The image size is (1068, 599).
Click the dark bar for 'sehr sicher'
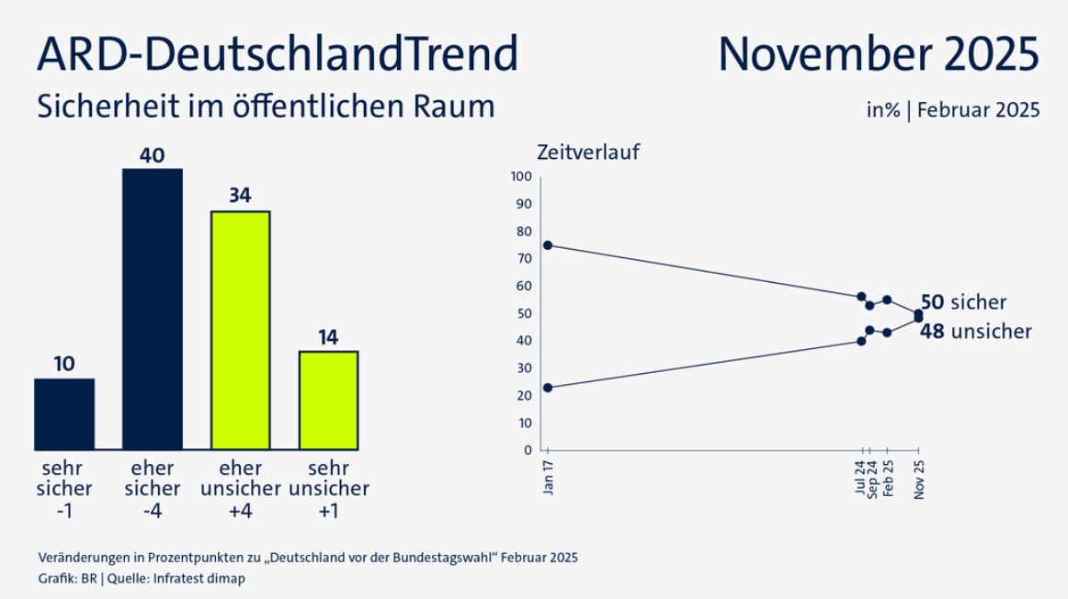(x=63, y=413)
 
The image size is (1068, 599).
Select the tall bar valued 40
(x=152, y=309)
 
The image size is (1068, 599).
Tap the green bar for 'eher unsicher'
(x=240, y=330)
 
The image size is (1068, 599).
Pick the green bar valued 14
(x=328, y=400)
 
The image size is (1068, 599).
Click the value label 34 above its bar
(x=240, y=196)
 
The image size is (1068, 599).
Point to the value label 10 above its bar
(x=63, y=364)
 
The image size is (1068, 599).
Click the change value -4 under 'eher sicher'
(x=152, y=510)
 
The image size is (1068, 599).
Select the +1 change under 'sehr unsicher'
(x=328, y=510)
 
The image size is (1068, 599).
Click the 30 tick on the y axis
(x=525, y=368)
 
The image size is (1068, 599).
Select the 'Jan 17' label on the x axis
(x=548, y=479)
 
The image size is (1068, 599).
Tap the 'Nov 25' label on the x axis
(x=919, y=479)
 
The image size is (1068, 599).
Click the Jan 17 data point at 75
(x=548, y=245)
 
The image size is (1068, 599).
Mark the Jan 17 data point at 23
(x=548, y=388)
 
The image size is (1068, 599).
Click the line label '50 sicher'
(x=963, y=302)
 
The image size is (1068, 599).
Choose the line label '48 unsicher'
(x=975, y=332)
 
